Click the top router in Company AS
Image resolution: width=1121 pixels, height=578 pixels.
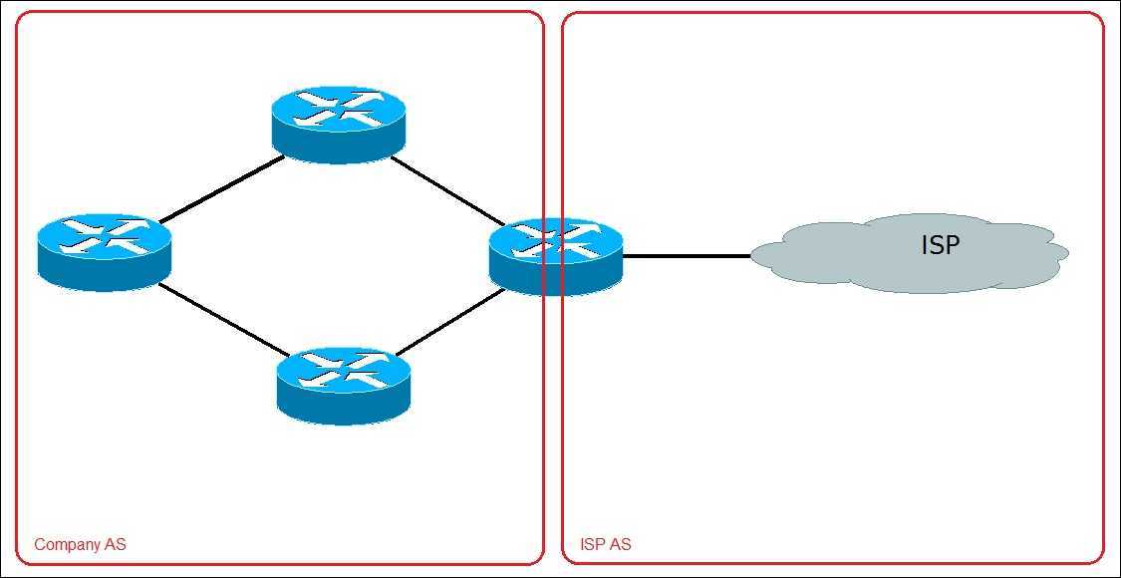(339, 123)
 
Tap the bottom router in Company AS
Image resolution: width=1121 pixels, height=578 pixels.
(344, 384)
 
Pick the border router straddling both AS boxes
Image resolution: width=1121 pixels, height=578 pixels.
(556, 256)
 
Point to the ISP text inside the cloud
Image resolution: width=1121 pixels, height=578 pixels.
(940, 245)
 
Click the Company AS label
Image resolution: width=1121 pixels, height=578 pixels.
(80, 545)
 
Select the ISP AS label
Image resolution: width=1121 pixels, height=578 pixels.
(605, 545)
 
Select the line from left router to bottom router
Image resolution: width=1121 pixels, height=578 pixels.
(221, 319)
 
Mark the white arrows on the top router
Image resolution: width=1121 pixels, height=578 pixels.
(339, 108)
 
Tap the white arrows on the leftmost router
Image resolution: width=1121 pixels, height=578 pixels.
(105, 236)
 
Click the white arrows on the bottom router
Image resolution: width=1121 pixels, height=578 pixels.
(344, 370)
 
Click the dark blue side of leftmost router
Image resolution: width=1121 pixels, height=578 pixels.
(105, 273)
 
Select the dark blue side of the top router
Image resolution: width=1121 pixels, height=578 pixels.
(339, 145)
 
